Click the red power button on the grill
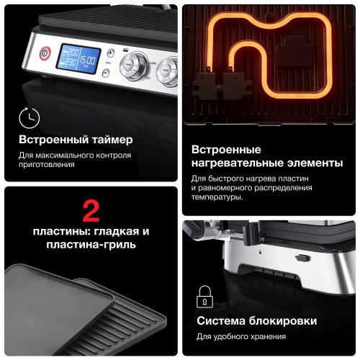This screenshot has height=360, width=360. (44, 53)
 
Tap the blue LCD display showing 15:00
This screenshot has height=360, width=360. (81, 58)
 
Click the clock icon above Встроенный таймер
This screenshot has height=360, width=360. (29, 117)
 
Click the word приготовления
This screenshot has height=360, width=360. (46, 164)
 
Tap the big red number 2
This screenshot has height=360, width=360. (91, 210)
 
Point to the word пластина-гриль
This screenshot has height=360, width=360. (91, 246)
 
